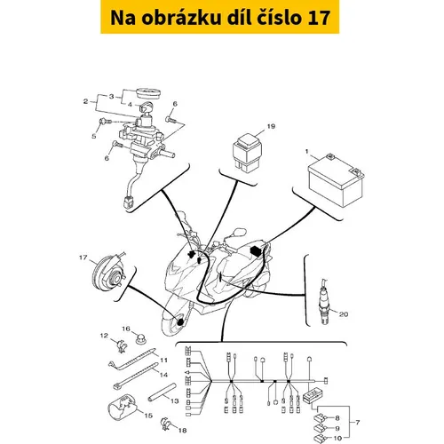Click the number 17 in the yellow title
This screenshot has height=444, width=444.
pyautogui.click(x=319, y=18)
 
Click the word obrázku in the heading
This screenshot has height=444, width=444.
pyautogui.click(x=181, y=18)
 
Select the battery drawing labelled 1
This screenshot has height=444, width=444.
pyautogui.click(x=336, y=180)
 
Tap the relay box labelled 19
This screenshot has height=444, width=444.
pyautogui.click(x=247, y=153)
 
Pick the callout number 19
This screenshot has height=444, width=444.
pyautogui.click(x=271, y=126)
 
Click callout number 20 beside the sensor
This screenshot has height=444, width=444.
pyautogui.click(x=344, y=313)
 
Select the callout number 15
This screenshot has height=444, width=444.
pyautogui.click(x=148, y=416)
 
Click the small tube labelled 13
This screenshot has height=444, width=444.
pyautogui.click(x=163, y=392)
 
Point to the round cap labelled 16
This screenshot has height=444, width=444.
pyautogui.click(x=141, y=338)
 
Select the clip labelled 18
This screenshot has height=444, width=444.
pyautogui.click(x=166, y=424)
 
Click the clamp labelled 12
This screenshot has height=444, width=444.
pyautogui.click(x=121, y=345)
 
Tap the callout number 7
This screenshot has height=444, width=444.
pyautogui.click(x=358, y=423)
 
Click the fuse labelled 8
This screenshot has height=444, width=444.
pyautogui.click(x=320, y=418)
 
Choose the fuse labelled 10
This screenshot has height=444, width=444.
pyautogui.click(x=319, y=438)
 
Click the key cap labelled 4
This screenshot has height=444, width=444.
pyautogui.click(x=146, y=107)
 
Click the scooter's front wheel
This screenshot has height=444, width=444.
pyautogui.click(x=173, y=321)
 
